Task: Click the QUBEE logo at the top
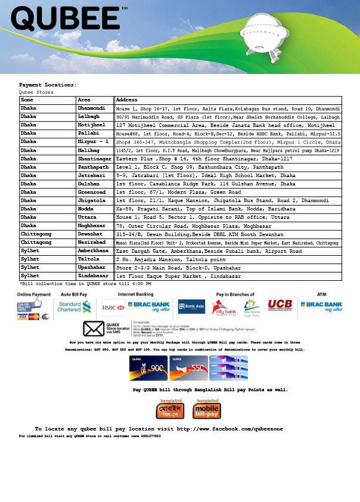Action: pyautogui.click(x=69, y=20)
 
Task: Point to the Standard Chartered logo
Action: pyautogui.click(x=73, y=306)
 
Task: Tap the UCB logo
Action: pyautogui.click(x=280, y=306)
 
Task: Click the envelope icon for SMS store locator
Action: pyautogui.click(x=94, y=330)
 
